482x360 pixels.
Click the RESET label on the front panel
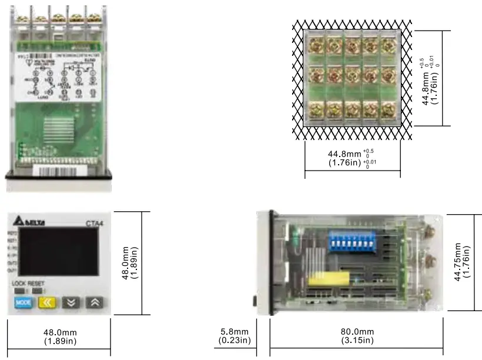click(36, 283)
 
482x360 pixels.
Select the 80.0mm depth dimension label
click(357, 335)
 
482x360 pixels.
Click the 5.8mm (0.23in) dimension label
click(235, 335)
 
